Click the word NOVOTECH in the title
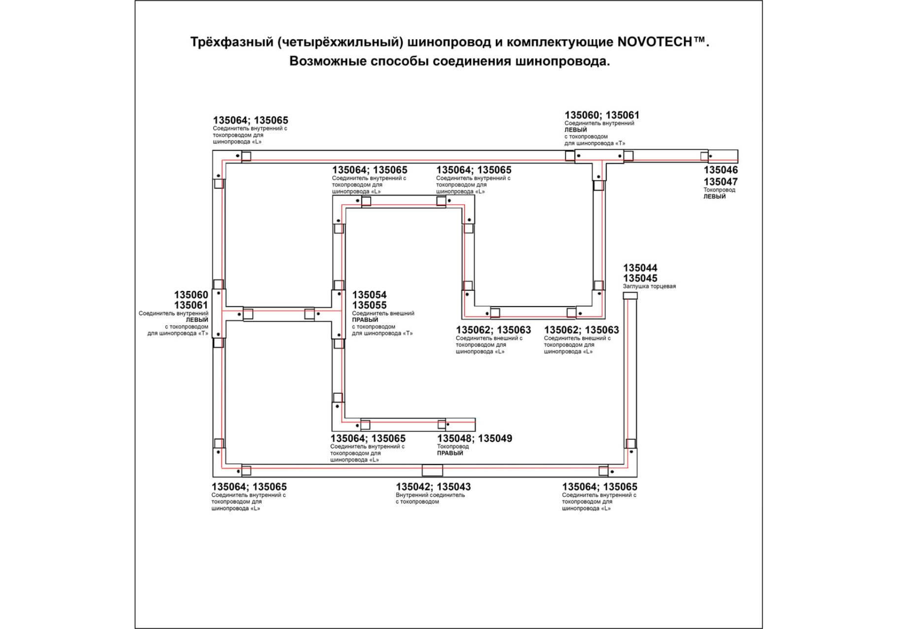(x=654, y=42)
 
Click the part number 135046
(x=720, y=170)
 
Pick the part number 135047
(x=720, y=181)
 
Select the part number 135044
(x=640, y=268)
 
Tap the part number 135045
(x=640, y=278)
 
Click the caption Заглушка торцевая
(x=649, y=286)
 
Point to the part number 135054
(x=369, y=295)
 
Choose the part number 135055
(x=369, y=305)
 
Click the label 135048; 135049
(x=474, y=438)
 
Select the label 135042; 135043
(x=433, y=486)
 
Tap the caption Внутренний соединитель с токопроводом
(x=430, y=498)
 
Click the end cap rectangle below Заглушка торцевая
(x=630, y=296)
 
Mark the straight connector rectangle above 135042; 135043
(x=432, y=470)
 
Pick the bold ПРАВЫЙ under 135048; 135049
(x=450, y=453)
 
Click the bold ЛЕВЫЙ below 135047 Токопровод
(x=714, y=197)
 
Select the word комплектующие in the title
(x=559, y=42)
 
